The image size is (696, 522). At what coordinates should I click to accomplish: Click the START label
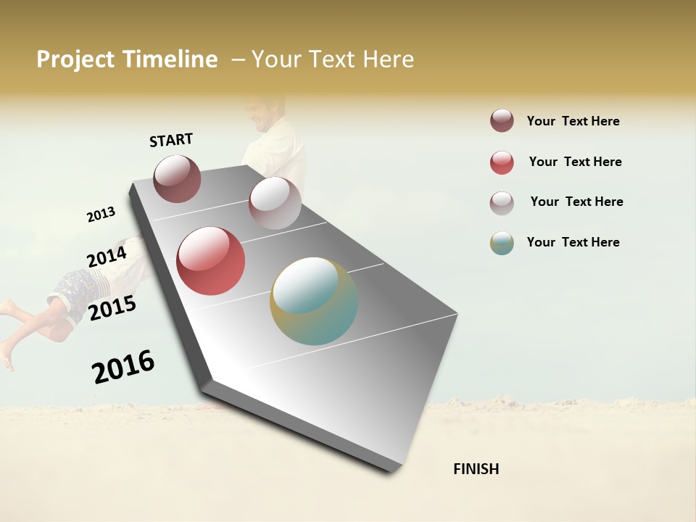click(171, 140)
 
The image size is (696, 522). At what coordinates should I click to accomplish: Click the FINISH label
click(476, 469)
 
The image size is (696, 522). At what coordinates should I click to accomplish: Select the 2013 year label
click(101, 215)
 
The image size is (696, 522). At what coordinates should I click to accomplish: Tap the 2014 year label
click(107, 257)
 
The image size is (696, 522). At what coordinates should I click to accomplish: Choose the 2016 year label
click(123, 366)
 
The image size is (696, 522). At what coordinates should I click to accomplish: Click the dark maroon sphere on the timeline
click(178, 178)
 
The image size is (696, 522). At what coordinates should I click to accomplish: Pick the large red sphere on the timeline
click(211, 261)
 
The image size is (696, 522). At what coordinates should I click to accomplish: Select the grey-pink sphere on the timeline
click(275, 203)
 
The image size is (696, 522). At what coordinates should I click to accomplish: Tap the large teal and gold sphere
click(314, 301)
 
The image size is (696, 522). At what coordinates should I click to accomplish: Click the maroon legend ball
click(502, 121)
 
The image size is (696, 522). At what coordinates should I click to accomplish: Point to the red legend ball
click(502, 162)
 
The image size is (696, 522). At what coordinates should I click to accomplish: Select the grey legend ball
click(502, 202)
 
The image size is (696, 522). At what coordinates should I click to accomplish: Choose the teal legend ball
click(502, 243)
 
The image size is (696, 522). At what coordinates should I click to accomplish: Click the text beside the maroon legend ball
click(573, 121)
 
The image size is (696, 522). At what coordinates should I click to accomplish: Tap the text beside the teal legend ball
click(573, 242)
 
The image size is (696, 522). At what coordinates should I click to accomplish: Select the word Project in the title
click(76, 59)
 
